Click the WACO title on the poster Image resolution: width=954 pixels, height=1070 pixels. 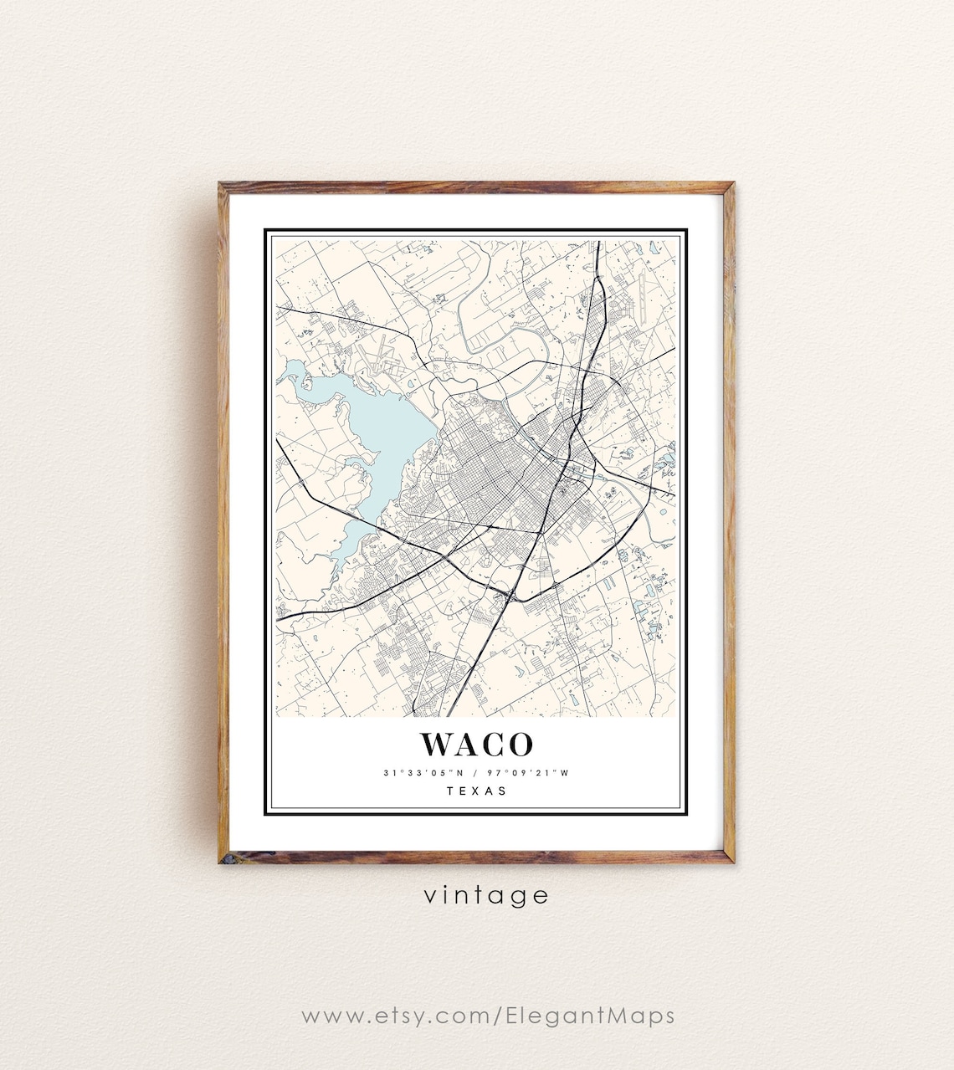[x=476, y=744]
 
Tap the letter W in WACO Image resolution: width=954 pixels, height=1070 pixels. [x=437, y=744]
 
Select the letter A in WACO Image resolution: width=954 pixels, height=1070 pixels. [x=466, y=744]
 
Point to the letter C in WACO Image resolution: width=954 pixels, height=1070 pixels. [x=493, y=744]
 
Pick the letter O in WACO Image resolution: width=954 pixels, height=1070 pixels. [x=520, y=744]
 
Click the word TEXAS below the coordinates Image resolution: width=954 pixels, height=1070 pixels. [x=476, y=791]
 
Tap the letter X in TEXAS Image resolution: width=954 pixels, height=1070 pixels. [x=476, y=791]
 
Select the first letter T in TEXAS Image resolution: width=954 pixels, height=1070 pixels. [x=450, y=791]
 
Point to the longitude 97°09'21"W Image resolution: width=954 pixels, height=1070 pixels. [x=532, y=773]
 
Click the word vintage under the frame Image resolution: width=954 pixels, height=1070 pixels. [x=485, y=896]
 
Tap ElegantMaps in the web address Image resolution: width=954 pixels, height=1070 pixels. [x=590, y=1016]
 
